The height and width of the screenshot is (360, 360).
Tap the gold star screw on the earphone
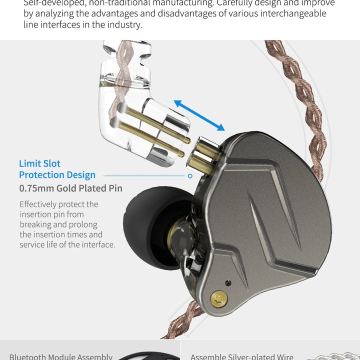pyautogui.click(x=218, y=298)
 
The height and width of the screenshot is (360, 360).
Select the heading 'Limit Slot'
pyautogui.click(x=39, y=163)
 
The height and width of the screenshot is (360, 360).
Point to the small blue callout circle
pyautogui.click(x=190, y=176)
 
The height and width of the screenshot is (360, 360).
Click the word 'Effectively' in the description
pyautogui.click(x=38, y=204)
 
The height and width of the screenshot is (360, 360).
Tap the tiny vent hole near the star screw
pyautogui.click(x=228, y=283)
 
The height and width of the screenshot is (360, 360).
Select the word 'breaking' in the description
pyautogui.click(x=36, y=224)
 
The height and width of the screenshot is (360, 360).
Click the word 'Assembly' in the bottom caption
pyautogui.click(x=93, y=356)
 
